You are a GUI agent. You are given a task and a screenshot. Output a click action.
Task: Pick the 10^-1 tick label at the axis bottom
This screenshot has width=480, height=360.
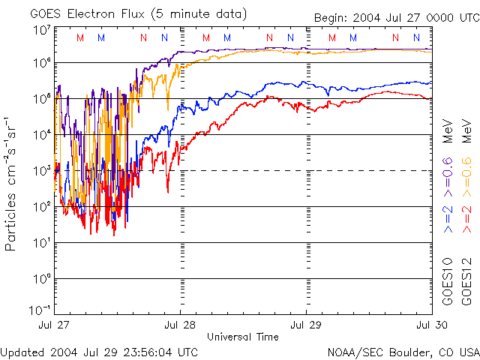(x=40, y=310)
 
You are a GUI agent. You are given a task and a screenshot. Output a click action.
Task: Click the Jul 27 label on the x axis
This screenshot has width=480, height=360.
(x=55, y=325)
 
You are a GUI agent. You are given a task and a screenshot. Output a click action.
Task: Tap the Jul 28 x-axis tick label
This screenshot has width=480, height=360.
(x=181, y=325)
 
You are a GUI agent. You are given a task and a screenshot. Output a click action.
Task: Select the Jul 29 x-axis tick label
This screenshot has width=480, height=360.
(x=307, y=325)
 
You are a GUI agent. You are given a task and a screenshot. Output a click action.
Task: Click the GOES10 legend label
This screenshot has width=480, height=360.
(x=448, y=283)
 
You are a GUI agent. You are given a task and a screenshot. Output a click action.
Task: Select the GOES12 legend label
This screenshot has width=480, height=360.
(x=466, y=283)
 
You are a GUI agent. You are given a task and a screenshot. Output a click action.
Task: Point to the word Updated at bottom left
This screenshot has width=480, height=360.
(x=23, y=352)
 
